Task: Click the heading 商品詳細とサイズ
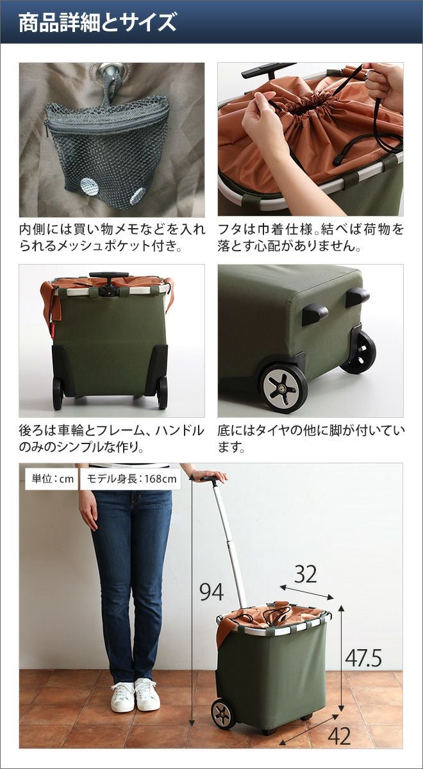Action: point(97,22)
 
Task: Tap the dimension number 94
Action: point(211,591)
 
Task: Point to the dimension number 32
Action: point(305,574)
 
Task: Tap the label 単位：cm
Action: point(52,479)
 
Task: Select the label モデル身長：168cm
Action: point(131,479)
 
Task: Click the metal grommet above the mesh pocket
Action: point(112,71)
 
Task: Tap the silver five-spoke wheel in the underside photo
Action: point(283,389)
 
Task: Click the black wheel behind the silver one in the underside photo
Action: point(359,352)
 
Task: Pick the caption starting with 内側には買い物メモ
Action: point(112,237)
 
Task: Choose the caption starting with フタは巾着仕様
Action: point(310,237)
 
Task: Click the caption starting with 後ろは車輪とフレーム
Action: point(112,438)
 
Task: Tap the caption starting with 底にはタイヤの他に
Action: point(310,438)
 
